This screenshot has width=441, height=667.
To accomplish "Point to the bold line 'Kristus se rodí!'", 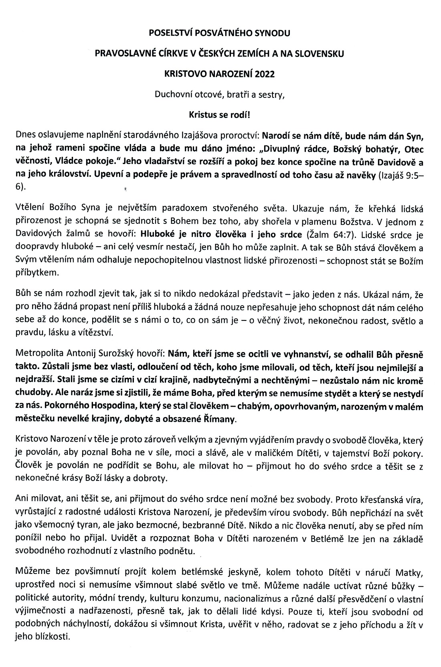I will tap(219, 114).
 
